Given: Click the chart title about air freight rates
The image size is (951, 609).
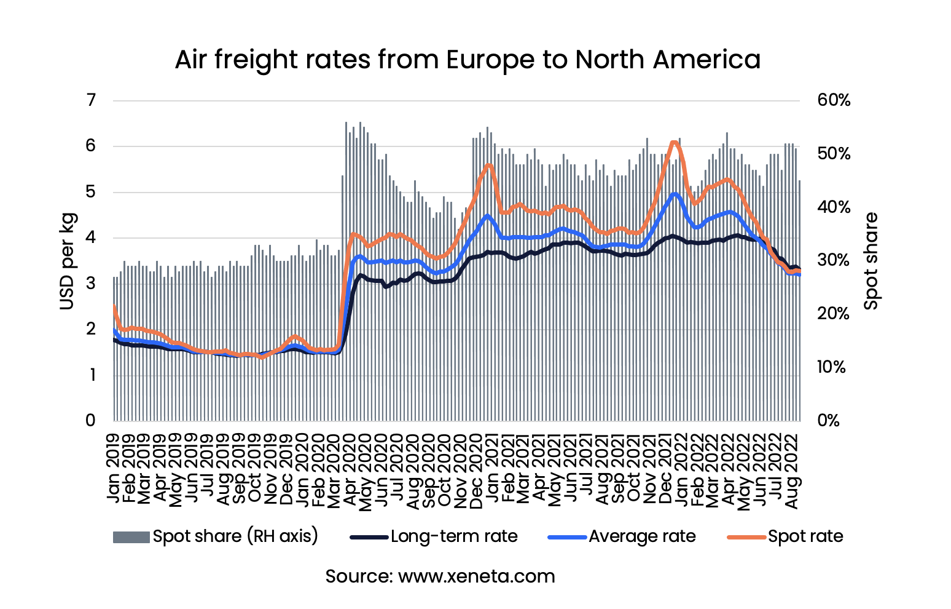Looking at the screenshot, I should tap(468, 60).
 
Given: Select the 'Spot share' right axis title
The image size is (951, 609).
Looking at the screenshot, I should tap(871, 261).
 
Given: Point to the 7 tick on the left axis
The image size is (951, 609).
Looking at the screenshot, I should tap(91, 100).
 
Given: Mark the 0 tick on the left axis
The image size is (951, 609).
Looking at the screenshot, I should tap(91, 420).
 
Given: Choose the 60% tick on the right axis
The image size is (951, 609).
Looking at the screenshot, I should tap(834, 100).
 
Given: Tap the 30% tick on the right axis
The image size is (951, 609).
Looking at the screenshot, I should tap(834, 260).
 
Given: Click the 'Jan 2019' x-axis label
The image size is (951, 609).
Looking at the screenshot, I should tap(114, 458).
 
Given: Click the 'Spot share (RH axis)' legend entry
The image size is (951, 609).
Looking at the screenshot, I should tap(216, 536).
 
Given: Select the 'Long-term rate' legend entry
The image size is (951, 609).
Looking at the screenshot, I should tap(434, 536).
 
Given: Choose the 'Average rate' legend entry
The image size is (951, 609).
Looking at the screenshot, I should tap(622, 536).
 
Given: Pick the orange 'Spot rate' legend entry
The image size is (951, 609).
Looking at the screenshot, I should tap(785, 536).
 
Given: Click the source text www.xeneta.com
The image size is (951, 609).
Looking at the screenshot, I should tap(440, 576).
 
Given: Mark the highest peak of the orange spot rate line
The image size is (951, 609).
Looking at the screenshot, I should tap(673, 142).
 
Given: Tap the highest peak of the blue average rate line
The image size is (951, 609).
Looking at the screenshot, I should tap(675, 194).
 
